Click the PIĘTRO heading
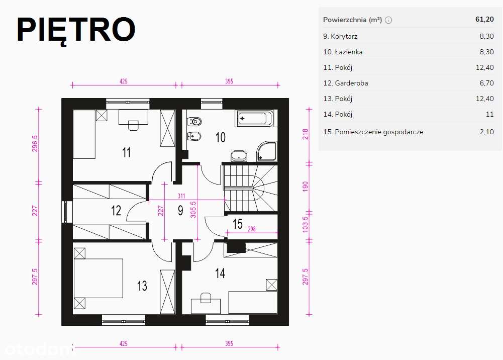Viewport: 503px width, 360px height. pyautogui.click(x=76, y=30)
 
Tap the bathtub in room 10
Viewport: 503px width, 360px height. pyautogui.click(x=255, y=118)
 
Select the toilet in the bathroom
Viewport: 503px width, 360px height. pyautogui.click(x=194, y=121)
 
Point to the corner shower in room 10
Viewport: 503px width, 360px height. pyautogui.click(x=267, y=151)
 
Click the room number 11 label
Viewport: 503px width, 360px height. pyautogui.click(x=127, y=152)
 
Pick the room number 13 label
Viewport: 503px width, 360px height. pyautogui.click(x=142, y=286)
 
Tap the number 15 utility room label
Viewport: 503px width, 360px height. pyautogui.click(x=238, y=224)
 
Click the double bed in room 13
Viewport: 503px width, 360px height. pyautogui.click(x=98, y=278)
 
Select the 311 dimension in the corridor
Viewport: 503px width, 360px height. pyautogui.click(x=181, y=196)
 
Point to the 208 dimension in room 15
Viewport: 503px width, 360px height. pyautogui.click(x=252, y=229)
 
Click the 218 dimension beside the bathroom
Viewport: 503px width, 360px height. pyautogui.click(x=305, y=134)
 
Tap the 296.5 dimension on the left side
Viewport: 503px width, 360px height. pyautogui.click(x=35, y=143)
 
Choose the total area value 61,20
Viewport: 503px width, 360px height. pyautogui.click(x=484, y=19)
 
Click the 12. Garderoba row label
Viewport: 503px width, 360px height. pyautogui.click(x=346, y=83)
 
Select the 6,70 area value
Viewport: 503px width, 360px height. pyautogui.click(x=486, y=83)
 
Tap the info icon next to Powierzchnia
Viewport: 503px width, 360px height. pyautogui.click(x=388, y=20)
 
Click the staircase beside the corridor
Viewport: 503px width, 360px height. pyautogui.click(x=251, y=188)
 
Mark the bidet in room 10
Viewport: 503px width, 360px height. pyautogui.click(x=194, y=136)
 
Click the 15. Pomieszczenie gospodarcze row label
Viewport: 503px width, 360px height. pyautogui.click(x=373, y=132)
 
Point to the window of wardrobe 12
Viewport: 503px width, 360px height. pyautogui.click(x=66, y=212)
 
